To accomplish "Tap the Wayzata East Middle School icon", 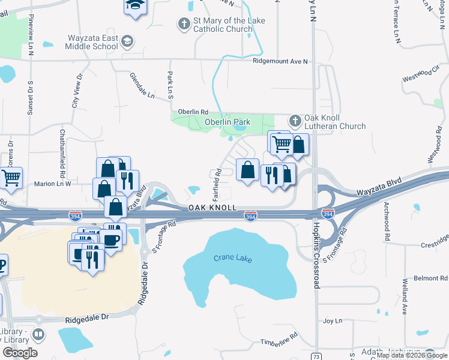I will tap(127, 41).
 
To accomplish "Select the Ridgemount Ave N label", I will tap(280, 61).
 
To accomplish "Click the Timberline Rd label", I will tap(279, 340).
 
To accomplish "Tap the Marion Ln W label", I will tap(52, 184).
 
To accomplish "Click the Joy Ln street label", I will tap(332, 321).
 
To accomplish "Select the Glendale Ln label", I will tap(142, 85).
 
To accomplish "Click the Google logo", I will tap(20, 353).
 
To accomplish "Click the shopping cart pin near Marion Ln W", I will tap(11, 177).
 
